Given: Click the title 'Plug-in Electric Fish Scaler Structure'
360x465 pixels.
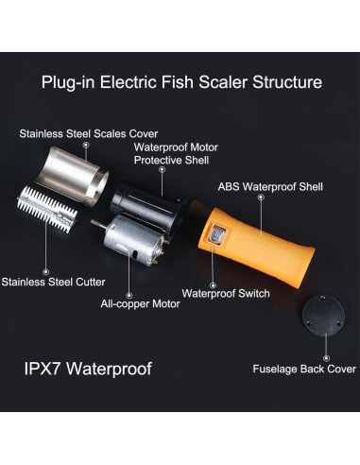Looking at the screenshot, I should [181, 82].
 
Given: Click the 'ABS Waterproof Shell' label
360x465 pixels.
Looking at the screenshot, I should [270, 186].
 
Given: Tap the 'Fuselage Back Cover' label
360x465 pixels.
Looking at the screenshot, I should [303, 369].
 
